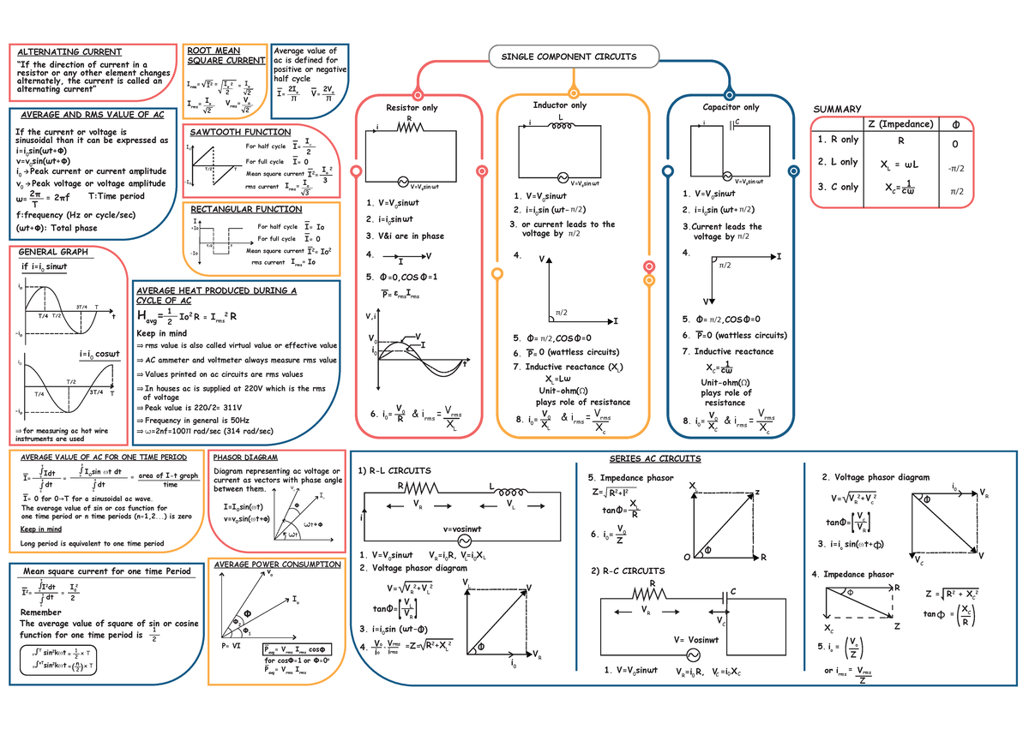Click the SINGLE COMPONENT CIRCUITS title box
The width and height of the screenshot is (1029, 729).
click(x=563, y=57)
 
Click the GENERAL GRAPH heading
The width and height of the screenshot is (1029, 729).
click(x=53, y=252)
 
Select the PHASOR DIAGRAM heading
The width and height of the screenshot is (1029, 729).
click(x=244, y=457)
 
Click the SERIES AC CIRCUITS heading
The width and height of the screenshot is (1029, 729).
click(x=654, y=458)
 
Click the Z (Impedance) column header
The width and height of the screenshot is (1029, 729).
click(x=900, y=124)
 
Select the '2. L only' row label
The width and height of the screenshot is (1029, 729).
click(x=838, y=162)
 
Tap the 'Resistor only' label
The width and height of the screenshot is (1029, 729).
click(x=412, y=108)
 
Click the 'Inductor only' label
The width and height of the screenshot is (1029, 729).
click(x=560, y=105)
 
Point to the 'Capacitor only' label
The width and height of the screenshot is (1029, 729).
click(x=731, y=108)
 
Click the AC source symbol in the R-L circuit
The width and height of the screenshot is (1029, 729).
click(x=467, y=541)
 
